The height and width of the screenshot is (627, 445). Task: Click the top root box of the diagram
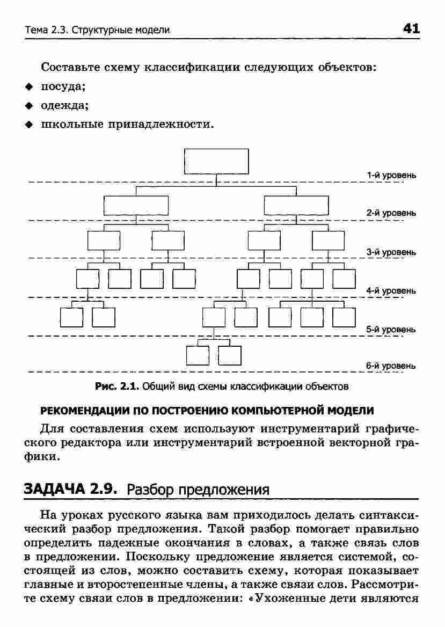216,162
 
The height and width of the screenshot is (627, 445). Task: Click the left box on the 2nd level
136,206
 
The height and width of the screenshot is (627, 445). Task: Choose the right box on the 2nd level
296,206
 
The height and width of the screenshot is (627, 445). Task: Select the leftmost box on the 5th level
71,317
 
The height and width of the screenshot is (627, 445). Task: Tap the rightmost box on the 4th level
344,279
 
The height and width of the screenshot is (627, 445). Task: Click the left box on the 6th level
197,355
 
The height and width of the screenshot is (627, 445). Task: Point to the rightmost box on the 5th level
344,317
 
